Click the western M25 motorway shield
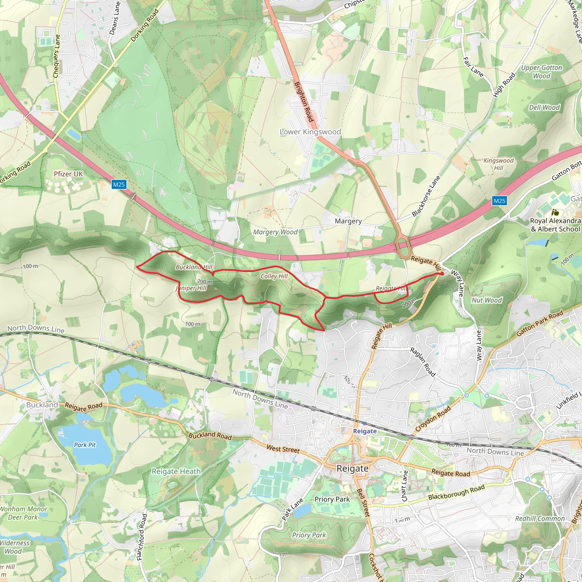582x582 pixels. [x=119, y=184]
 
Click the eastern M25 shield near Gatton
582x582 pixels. [x=499, y=201]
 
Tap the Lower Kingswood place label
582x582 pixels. [x=310, y=132]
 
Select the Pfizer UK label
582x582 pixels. [x=68, y=174]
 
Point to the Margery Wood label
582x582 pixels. [x=275, y=232]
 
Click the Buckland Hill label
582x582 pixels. [x=194, y=267]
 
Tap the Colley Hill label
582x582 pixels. [x=274, y=276]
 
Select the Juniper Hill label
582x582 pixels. [x=191, y=288]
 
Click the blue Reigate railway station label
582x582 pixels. [x=365, y=431]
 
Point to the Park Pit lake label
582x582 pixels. [x=85, y=445]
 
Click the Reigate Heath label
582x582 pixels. [x=176, y=471]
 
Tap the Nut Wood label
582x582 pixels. [x=487, y=300]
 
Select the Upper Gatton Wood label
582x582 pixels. [x=541, y=72]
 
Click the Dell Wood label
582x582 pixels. [x=544, y=107]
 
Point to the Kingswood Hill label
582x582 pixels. [x=498, y=164]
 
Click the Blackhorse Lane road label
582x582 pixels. [x=426, y=196]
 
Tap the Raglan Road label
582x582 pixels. [x=423, y=362]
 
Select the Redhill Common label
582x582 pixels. [x=540, y=518]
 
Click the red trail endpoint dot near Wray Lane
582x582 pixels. [x=442, y=274]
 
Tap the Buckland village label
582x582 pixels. [x=42, y=405]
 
